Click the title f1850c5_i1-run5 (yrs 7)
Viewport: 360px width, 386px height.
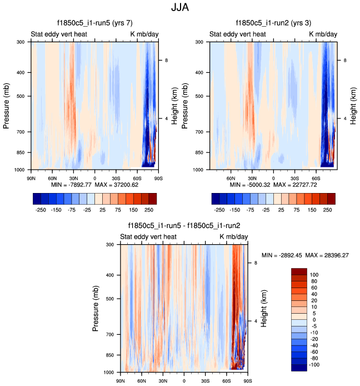pyautogui.click(x=94, y=23)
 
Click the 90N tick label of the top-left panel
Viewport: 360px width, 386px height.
pyautogui.click(x=31, y=177)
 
